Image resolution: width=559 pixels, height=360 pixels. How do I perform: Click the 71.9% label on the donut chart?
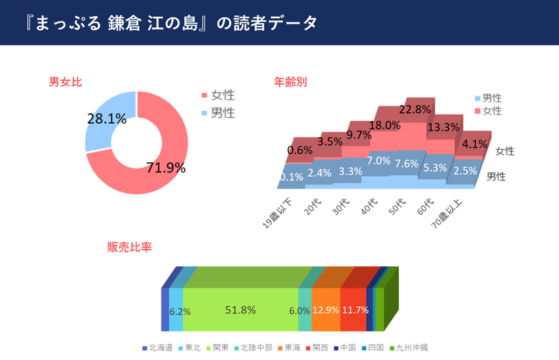point(166,167)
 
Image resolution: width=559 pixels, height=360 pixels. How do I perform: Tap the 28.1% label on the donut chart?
point(107,119)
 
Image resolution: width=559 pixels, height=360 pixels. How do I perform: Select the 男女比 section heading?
point(65,82)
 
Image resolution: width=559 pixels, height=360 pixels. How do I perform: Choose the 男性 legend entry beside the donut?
point(222,112)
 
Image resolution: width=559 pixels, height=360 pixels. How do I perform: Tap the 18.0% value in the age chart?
point(384,124)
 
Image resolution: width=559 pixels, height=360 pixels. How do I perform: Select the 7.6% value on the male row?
point(406,164)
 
